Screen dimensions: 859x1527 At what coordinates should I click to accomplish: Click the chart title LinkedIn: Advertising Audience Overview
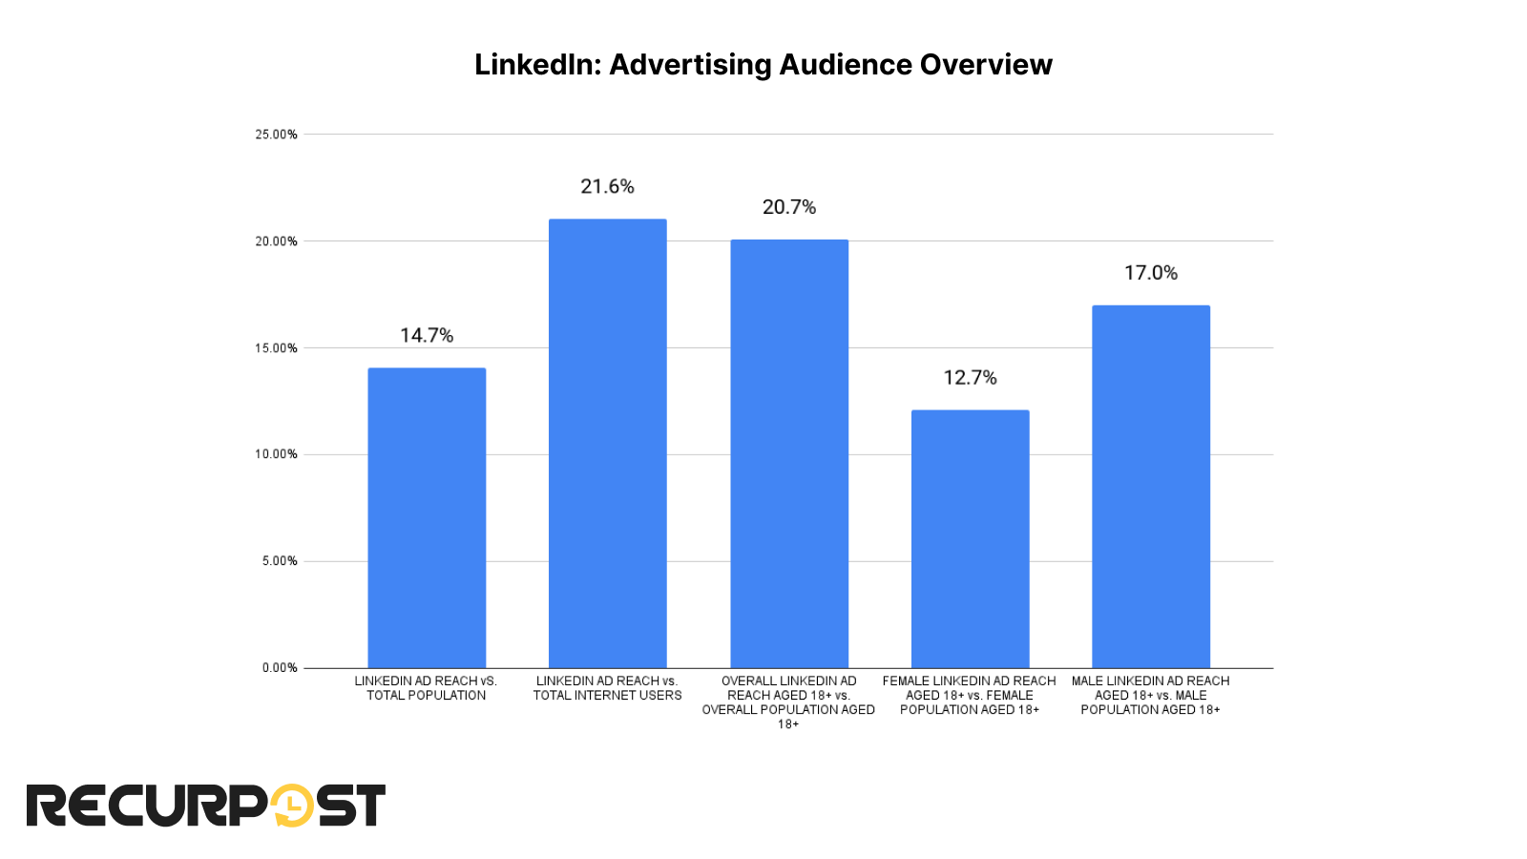pyautogui.click(x=763, y=64)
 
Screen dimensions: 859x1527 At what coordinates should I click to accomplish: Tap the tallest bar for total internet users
pyautogui.click(x=607, y=443)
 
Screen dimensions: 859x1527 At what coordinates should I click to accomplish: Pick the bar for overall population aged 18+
pyautogui.click(x=789, y=453)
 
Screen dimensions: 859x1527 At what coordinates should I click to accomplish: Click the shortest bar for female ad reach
pyautogui.click(x=970, y=538)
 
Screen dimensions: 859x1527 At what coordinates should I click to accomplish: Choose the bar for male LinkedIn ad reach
pyautogui.click(x=1150, y=486)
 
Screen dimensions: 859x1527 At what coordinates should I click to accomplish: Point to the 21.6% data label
pyautogui.click(x=607, y=186)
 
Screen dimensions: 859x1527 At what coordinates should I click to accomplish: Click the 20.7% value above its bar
pyautogui.click(x=789, y=207)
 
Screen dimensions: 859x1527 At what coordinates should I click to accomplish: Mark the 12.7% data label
pyautogui.click(x=970, y=378)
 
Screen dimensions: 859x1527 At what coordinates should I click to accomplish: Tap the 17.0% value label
pyautogui.click(x=1150, y=273)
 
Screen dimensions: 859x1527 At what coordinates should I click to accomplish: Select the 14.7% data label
pyautogui.click(x=427, y=335)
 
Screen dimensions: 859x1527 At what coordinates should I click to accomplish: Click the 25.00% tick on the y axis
pyautogui.click(x=276, y=135)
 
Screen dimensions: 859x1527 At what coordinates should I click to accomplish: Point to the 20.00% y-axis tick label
pyautogui.click(x=276, y=241)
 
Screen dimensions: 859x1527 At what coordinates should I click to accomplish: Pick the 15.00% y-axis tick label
pyautogui.click(x=276, y=348)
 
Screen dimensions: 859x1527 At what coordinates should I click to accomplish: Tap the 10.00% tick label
pyautogui.click(x=276, y=454)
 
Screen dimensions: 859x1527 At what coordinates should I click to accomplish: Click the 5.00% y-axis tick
pyautogui.click(x=280, y=561)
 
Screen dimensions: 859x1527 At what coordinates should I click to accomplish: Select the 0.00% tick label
pyautogui.click(x=280, y=668)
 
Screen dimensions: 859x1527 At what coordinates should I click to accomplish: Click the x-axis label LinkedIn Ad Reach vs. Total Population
pyautogui.click(x=426, y=688)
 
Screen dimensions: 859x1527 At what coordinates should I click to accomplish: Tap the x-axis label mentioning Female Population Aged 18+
pyautogui.click(x=970, y=695)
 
